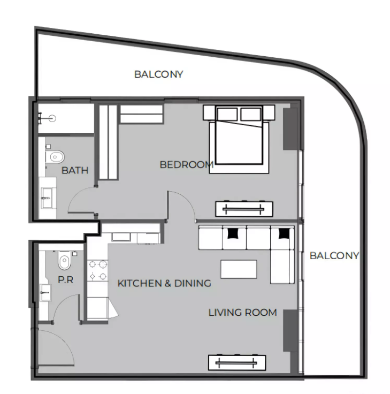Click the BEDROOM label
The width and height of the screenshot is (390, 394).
click(187, 165)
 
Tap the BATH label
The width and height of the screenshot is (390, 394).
click(75, 170)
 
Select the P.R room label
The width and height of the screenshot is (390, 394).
click(66, 279)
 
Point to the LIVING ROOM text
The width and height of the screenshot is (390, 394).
click(242, 312)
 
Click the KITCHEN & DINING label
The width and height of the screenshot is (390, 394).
click(164, 283)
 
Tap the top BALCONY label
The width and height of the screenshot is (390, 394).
click(159, 74)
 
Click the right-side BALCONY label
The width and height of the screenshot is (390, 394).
click(334, 255)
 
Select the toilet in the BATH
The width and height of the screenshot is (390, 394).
click(55, 157)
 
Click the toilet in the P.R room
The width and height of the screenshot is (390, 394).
click(64, 260)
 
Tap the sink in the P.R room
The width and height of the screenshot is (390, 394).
click(45, 293)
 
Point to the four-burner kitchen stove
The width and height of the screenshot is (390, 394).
click(98, 270)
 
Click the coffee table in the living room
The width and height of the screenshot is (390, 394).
click(239, 269)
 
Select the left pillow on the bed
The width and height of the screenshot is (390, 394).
click(227, 115)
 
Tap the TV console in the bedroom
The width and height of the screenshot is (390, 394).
click(244, 209)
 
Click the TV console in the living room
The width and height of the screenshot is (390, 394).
click(237, 362)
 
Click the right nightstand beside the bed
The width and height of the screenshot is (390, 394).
click(269, 112)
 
